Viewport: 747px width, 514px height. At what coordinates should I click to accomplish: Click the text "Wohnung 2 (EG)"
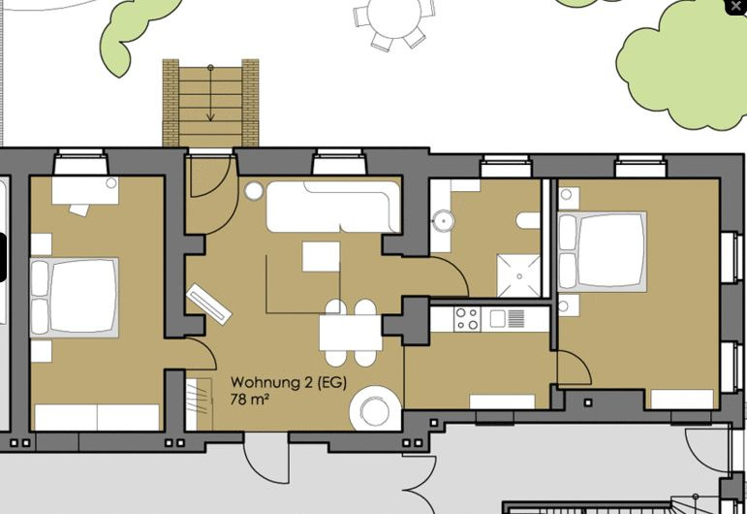(x=289, y=382)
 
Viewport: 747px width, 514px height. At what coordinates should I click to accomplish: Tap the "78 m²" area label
(x=249, y=399)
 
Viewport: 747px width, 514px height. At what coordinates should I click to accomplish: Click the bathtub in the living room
(x=333, y=207)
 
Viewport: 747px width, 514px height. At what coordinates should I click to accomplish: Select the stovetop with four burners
(x=467, y=319)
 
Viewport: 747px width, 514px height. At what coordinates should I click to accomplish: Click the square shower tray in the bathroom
(x=518, y=275)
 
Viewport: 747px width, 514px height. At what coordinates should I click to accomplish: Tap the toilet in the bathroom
(x=528, y=220)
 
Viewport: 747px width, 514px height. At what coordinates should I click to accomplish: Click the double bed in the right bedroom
(x=603, y=252)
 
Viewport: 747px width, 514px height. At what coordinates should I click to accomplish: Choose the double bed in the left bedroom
(x=75, y=298)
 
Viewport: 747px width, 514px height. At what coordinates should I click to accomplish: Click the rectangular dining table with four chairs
(x=351, y=334)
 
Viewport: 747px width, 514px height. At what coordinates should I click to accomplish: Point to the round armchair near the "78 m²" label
(x=375, y=408)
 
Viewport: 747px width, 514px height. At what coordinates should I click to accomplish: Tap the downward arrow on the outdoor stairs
(x=210, y=93)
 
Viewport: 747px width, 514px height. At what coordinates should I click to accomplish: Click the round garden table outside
(x=395, y=17)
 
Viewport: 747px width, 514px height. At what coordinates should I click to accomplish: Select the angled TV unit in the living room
(x=208, y=304)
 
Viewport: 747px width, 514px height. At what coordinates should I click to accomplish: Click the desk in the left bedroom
(x=85, y=191)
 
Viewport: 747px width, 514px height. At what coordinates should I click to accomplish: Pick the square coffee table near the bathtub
(x=321, y=257)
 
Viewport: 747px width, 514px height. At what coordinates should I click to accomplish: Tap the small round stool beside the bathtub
(x=254, y=191)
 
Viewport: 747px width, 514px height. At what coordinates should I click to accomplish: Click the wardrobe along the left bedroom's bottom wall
(x=97, y=417)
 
